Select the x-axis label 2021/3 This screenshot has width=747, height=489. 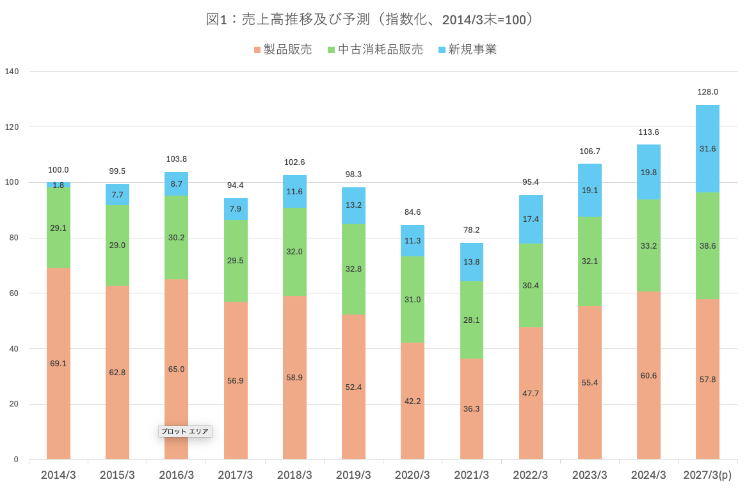(x=471, y=476)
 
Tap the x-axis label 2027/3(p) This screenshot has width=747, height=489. (x=707, y=476)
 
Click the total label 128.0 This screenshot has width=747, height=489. (x=707, y=92)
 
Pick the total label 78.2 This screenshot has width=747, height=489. (x=471, y=230)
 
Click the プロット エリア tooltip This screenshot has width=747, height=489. (x=185, y=431)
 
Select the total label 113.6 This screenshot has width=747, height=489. (x=648, y=132)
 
